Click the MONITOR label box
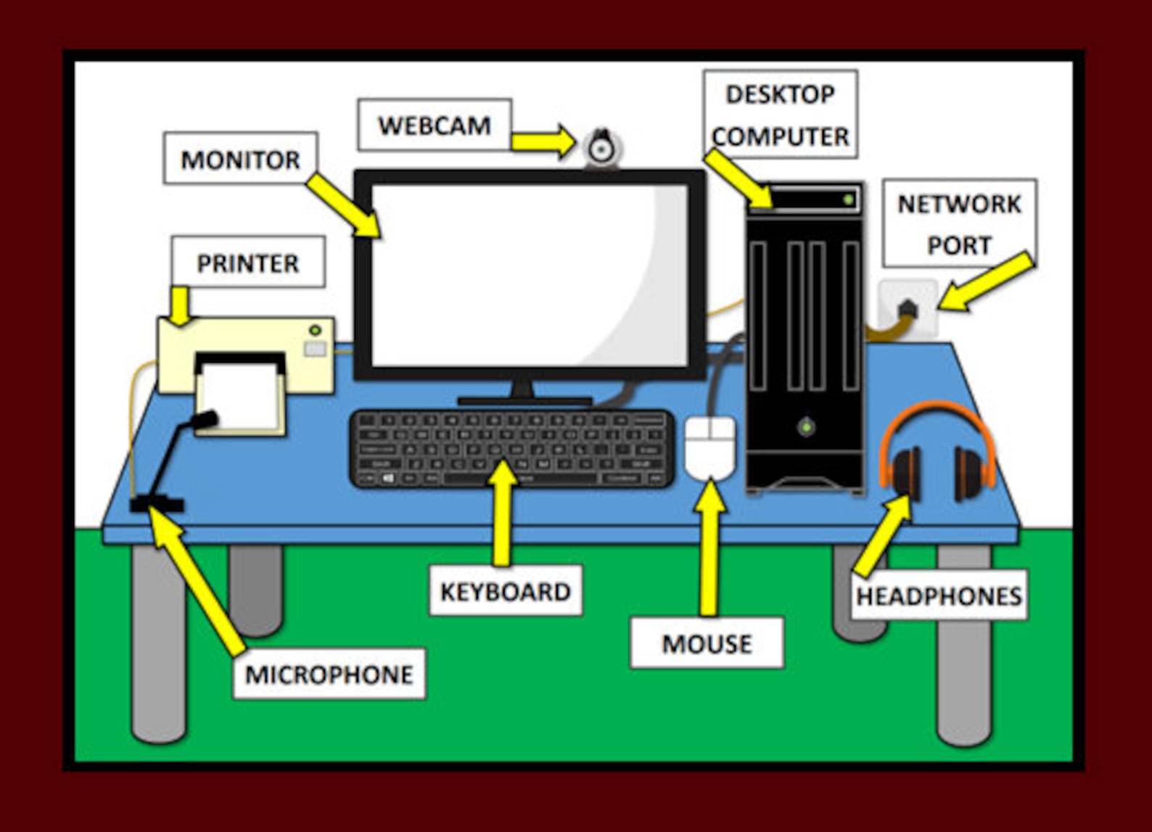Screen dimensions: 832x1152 click(x=240, y=159)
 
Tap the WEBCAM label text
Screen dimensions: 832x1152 click(x=434, y=125)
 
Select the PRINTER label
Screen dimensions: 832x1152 click(x=248, y=263)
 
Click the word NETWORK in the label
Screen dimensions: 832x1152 click(x=959, y=204)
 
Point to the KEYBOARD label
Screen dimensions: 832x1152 click(x=506, y=591)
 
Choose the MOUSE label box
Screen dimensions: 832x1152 click(x=707, y=643)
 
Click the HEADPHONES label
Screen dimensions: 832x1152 click(x=939, y=596)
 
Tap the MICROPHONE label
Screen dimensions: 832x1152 click(x=329, y=674)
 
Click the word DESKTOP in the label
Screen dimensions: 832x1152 click(x=780, y=94)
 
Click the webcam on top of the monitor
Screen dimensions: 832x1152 click(x=601, y=148)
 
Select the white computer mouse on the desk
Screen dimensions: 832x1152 click(x=710, y=448)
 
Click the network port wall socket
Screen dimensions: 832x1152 click(x=908, y=308)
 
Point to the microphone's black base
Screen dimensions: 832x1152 click(x=157, y=503)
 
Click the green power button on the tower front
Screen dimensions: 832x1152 click(x=805, y=427)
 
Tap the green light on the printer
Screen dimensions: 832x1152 click(x=315, y=331)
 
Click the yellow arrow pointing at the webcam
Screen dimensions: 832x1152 click(x=544, y=141)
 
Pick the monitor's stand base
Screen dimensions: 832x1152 click(x=524, y=400)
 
